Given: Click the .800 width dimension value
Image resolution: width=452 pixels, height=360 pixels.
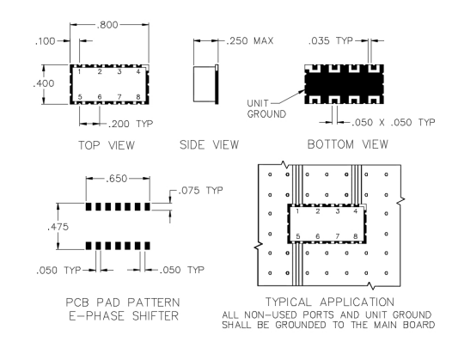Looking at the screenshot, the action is tap(107, 25).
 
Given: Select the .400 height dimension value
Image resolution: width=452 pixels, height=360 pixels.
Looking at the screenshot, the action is tap(44, 83).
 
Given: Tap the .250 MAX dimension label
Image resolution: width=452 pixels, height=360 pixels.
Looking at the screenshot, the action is tap(250, 41).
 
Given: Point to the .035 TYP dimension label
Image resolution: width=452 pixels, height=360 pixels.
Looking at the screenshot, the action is tap(331, 41).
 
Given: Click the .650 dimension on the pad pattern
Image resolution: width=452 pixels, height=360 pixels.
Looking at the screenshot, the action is tap(117, 179).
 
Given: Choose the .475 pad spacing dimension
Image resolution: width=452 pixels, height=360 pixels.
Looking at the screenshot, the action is tap(58, 227).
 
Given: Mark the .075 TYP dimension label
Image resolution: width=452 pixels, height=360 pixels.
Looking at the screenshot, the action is tap(200, 191).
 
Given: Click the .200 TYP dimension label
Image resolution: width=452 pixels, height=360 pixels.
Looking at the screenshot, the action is tap(131, 124).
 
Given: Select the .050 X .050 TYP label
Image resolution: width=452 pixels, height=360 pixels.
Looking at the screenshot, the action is tap(394, 123).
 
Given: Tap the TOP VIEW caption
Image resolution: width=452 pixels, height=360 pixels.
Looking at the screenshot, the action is tap(107, 145).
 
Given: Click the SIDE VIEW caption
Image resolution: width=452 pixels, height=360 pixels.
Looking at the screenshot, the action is tap(210, 144).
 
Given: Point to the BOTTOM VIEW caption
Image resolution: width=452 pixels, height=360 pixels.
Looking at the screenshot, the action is tap(348, 144).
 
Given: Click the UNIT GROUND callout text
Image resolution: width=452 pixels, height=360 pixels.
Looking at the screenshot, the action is tap(266, 108).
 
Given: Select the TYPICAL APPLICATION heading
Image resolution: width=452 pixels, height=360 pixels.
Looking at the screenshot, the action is tap(330, 302).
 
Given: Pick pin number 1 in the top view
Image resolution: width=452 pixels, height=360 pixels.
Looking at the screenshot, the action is tap(79, 71).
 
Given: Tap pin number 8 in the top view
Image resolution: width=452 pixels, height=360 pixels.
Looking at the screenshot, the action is tap(138, 97).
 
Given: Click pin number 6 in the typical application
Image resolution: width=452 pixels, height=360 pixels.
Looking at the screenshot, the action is tap(317, 236).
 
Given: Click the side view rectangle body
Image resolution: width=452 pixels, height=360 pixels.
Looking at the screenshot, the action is tap(205, 84).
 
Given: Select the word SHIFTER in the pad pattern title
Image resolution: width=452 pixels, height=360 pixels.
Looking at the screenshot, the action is tap(156, 316).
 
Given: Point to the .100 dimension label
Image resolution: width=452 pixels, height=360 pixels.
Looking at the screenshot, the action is tap(45, 41).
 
